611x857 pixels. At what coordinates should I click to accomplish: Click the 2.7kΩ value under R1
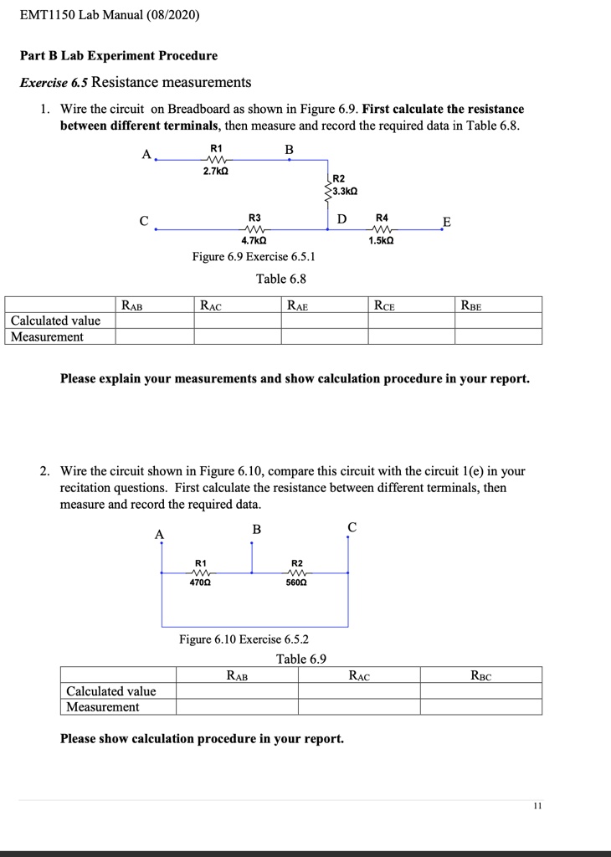216,172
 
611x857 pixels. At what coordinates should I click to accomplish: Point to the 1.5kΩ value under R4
381,240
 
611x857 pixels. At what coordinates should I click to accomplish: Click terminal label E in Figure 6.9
446,222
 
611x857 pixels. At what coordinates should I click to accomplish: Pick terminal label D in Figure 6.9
341,219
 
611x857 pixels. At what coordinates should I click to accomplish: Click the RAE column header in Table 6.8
297,306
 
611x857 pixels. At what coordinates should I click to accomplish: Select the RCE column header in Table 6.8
384,306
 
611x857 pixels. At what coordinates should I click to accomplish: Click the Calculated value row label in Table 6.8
56,321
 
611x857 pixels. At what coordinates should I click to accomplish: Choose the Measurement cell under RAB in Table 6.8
155,336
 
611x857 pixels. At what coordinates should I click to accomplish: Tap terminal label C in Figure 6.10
352,527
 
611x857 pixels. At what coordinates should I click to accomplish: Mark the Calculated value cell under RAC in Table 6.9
359,691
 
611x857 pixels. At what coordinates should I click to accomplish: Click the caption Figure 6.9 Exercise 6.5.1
254,257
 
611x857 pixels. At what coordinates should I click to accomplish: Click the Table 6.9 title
301,659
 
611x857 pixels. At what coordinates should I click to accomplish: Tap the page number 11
537,806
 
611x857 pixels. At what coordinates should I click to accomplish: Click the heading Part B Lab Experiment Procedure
118,56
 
